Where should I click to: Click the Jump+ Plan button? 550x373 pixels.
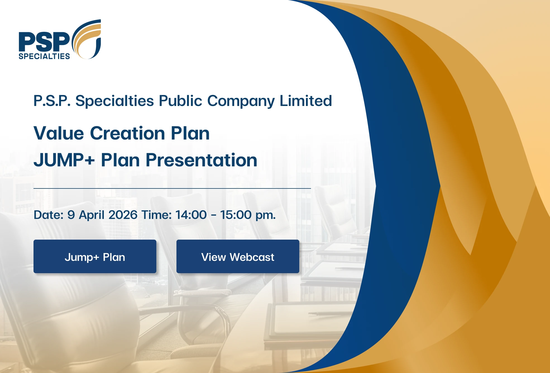95,256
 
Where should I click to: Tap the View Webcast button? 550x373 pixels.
238,256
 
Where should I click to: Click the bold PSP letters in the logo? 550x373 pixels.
44,42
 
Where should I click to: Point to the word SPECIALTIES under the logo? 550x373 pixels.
44,56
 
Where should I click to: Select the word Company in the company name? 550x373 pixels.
241,101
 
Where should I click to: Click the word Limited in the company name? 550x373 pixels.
306,101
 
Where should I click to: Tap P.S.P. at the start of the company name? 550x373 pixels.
52,101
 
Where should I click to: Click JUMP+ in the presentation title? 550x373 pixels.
64,160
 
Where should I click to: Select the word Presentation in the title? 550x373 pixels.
201,160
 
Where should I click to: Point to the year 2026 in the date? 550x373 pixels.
123,215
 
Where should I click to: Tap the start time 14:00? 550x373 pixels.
191,215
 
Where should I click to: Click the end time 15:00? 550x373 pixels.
236,215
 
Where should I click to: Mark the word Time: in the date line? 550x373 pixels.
157,215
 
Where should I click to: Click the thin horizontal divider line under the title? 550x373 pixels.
172,188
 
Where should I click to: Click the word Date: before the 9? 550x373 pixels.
49,215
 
